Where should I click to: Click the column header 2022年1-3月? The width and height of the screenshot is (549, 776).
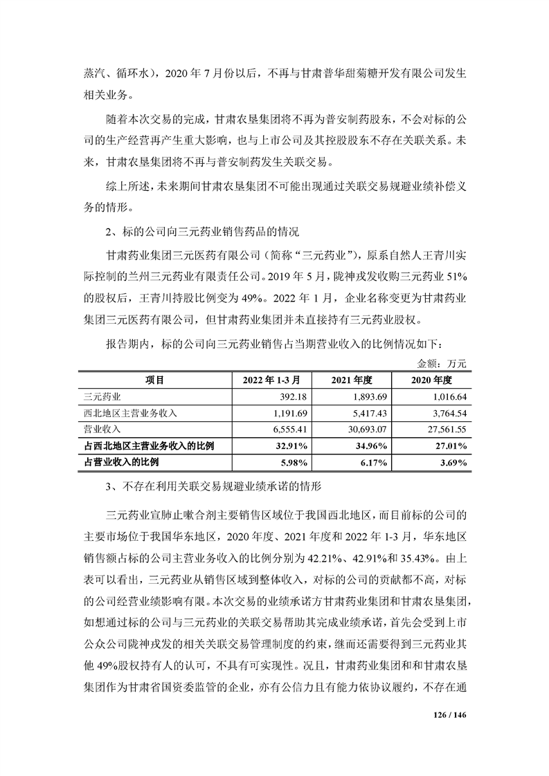pyautogui.click(x=271, y=380)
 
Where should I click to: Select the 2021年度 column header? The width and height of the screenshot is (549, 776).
pyautogui.click(x=352, y=380)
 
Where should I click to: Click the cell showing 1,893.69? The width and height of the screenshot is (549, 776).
pyautogui.click(x=368, y=396)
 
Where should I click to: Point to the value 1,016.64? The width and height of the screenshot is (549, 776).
pyautogui.click(x=449, y=396)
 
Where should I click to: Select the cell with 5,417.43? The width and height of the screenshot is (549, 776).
pyautogui.click(x=368, y=413)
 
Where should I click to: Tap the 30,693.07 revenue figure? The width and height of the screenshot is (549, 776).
pyautogui.click(x=366, y=429)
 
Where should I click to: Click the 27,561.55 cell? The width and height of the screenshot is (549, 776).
pyautogui.click(x=446, y=429)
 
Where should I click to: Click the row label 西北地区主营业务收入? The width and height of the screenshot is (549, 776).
pyautogui.click(x=130, y=413)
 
